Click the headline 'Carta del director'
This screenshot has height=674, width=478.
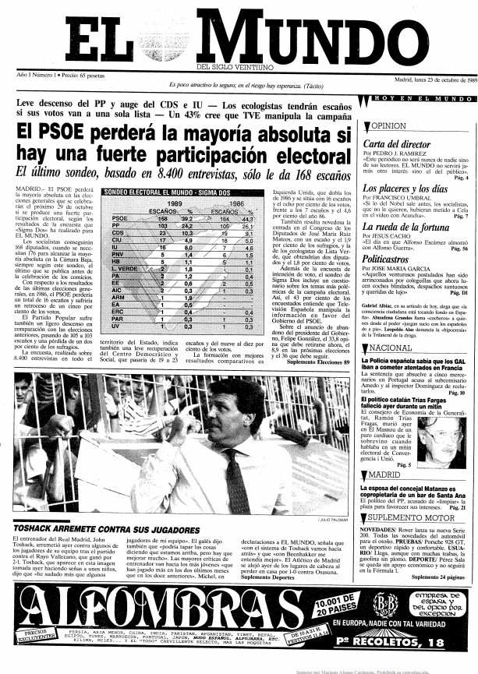[x=397, y=144]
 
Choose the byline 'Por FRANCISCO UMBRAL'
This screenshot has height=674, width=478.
[x=398, y=199]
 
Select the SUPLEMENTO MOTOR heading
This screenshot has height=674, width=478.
[x=407, y=518]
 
